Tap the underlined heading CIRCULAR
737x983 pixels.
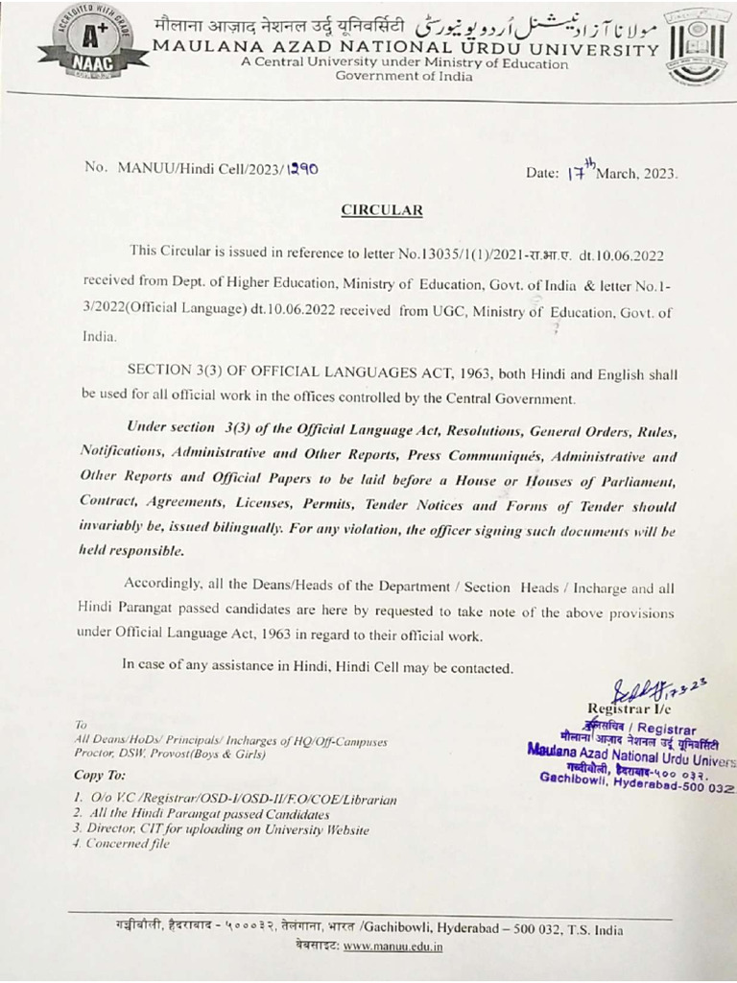tap(382, 209)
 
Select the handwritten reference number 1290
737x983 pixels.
tap(299, 167)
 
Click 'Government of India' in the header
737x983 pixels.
tap(403, 77)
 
